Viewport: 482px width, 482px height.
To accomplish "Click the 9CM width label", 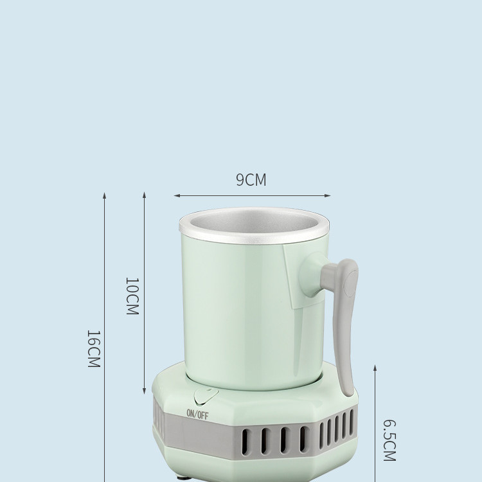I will click(251, 180).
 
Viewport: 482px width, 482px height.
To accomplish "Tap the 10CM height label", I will click(131, 296).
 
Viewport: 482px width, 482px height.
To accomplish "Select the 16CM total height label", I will click(93, 349).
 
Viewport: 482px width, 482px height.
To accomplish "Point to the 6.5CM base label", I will click(388, 440).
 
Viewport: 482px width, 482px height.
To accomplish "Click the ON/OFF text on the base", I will click(197, 415).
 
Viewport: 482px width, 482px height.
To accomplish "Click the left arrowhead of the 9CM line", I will click(175, 195).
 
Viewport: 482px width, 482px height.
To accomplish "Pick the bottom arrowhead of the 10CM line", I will click(144, 393).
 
